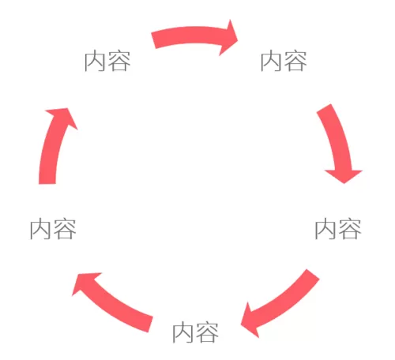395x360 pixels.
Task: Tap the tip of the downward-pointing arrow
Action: (344, 183)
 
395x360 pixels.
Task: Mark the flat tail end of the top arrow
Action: (153, 41)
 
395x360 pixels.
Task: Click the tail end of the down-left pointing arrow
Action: (313, 274)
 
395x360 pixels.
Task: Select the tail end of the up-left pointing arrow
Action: (150, 324)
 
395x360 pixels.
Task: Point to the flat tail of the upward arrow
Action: (47, 184)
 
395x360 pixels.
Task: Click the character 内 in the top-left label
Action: (95, 61)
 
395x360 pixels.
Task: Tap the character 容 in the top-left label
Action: (119, 61)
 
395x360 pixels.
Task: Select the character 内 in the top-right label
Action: (271, 61)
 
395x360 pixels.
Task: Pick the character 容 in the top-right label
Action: (295, 61)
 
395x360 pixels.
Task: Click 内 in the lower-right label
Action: (325, 229)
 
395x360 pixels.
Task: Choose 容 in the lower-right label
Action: (350, 229)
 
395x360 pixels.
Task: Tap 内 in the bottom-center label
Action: (183, 332)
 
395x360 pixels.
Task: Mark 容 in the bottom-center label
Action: (208, 332)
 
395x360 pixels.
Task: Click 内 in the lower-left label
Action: (40, 229)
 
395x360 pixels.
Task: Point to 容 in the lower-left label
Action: (65, 229)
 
